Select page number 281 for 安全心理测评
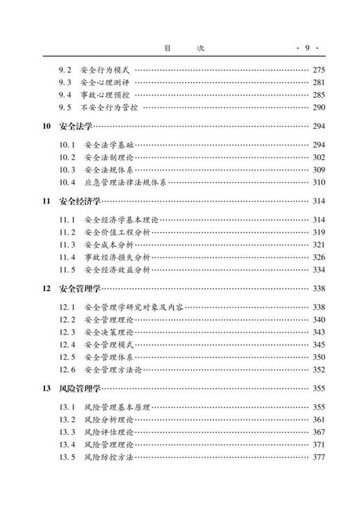pyautogui.click(x=318, y=82)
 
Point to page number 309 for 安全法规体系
pyautogui.click(x=318, y=170)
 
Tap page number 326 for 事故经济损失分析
pyautogui.click(x=318, y=257)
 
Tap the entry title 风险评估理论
pyautogui.click(x=111, y=432)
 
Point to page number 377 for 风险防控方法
pyautogui.click(x=318, y=457)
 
